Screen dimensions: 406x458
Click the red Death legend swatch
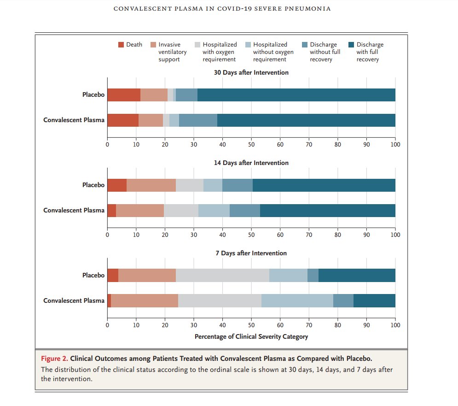121,45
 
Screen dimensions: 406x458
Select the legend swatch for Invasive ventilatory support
153,45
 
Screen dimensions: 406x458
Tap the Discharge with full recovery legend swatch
351,45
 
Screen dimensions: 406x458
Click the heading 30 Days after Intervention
251,72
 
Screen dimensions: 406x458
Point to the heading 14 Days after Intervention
251,163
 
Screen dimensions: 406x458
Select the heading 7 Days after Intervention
251,253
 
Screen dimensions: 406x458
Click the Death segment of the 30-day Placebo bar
123,95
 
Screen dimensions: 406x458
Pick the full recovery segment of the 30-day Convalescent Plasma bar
306,120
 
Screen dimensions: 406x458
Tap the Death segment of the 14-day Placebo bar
116,185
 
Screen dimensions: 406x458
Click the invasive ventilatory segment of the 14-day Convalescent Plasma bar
140,211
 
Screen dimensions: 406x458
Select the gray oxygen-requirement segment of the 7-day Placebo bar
222,275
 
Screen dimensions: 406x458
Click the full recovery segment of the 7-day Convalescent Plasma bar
374,300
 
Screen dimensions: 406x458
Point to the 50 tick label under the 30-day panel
251,144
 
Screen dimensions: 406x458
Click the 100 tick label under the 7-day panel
395,325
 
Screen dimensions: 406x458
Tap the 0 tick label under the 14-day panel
107,235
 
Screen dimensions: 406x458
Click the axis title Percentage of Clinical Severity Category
251,336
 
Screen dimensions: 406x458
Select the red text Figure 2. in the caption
55,359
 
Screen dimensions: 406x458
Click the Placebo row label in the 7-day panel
93,275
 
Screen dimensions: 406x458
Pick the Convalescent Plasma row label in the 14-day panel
74,211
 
